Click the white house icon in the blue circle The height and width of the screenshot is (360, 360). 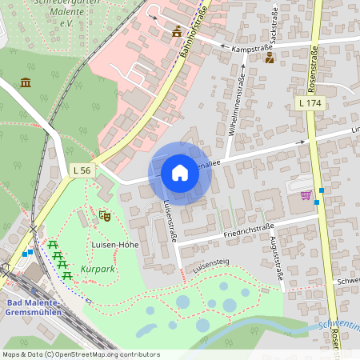180,173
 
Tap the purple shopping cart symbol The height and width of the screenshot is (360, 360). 305,194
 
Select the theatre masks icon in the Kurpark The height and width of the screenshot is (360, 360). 104,214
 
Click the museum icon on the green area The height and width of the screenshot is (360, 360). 26,82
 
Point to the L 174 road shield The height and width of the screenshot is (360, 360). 310,103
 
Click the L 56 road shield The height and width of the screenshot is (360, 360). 82,170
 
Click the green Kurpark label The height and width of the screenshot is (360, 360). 98,270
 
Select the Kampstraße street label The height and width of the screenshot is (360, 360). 250,49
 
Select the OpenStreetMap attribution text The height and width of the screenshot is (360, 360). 81,354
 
